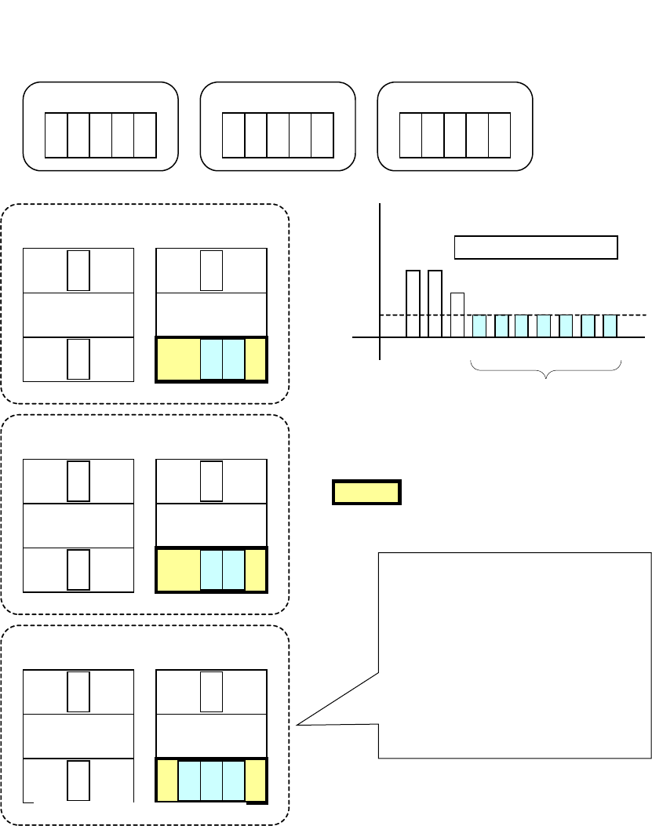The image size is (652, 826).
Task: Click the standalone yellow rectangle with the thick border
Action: tap(367, 492)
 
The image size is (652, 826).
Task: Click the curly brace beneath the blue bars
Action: tap(545, 369)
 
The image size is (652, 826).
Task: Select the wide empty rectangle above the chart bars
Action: tap(537, 247)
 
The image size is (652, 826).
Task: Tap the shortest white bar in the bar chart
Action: tap(457, 315)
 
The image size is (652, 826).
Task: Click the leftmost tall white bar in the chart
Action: tap(413, 304)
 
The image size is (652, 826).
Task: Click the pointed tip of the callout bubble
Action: tap(298, 725)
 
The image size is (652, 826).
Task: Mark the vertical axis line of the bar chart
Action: tap(380, 275)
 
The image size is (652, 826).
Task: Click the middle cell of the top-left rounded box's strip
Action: tap(101, 135)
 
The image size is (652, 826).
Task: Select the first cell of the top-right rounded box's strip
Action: tap(410, 135)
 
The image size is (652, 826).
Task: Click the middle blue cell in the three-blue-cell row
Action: tap(212, 781)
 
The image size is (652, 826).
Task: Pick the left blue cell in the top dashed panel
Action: tap(212, 360)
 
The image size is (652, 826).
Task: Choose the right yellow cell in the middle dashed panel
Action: tap(256, 569)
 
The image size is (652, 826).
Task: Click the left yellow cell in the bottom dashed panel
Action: tap(168, 781)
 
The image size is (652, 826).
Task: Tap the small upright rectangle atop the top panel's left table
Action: tap(78, 271)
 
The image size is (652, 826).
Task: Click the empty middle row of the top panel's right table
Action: tap(212, 315)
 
